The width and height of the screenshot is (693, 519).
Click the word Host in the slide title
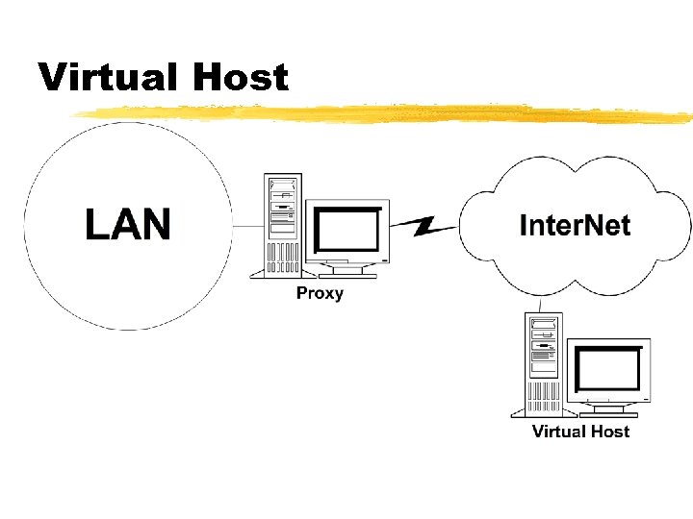coord(241,76)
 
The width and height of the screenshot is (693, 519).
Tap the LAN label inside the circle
coord(127,224)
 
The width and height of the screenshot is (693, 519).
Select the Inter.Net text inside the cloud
coord(575,226)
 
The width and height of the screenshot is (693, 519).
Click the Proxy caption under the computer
coord(320,293)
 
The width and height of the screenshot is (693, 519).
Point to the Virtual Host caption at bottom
coord(580,432)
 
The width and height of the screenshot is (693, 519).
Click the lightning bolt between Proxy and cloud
coord(425,227)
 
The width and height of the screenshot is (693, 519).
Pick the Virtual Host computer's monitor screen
coord(608,368)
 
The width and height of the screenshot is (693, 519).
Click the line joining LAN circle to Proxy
coord(248,226)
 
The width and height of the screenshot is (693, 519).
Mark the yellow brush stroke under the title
coord(385,114)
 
